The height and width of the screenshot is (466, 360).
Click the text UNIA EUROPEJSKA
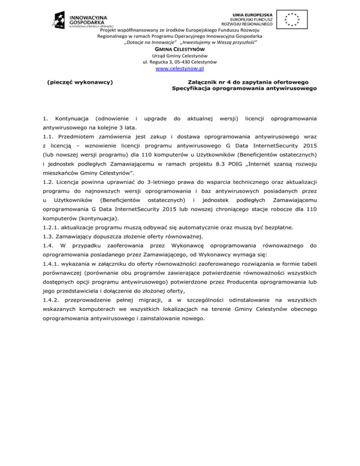coord(247,10)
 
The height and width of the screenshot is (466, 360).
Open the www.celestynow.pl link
coord(180,69)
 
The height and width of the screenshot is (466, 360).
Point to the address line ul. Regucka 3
coord(180,62)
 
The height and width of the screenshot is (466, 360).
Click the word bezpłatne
coord(267,227)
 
